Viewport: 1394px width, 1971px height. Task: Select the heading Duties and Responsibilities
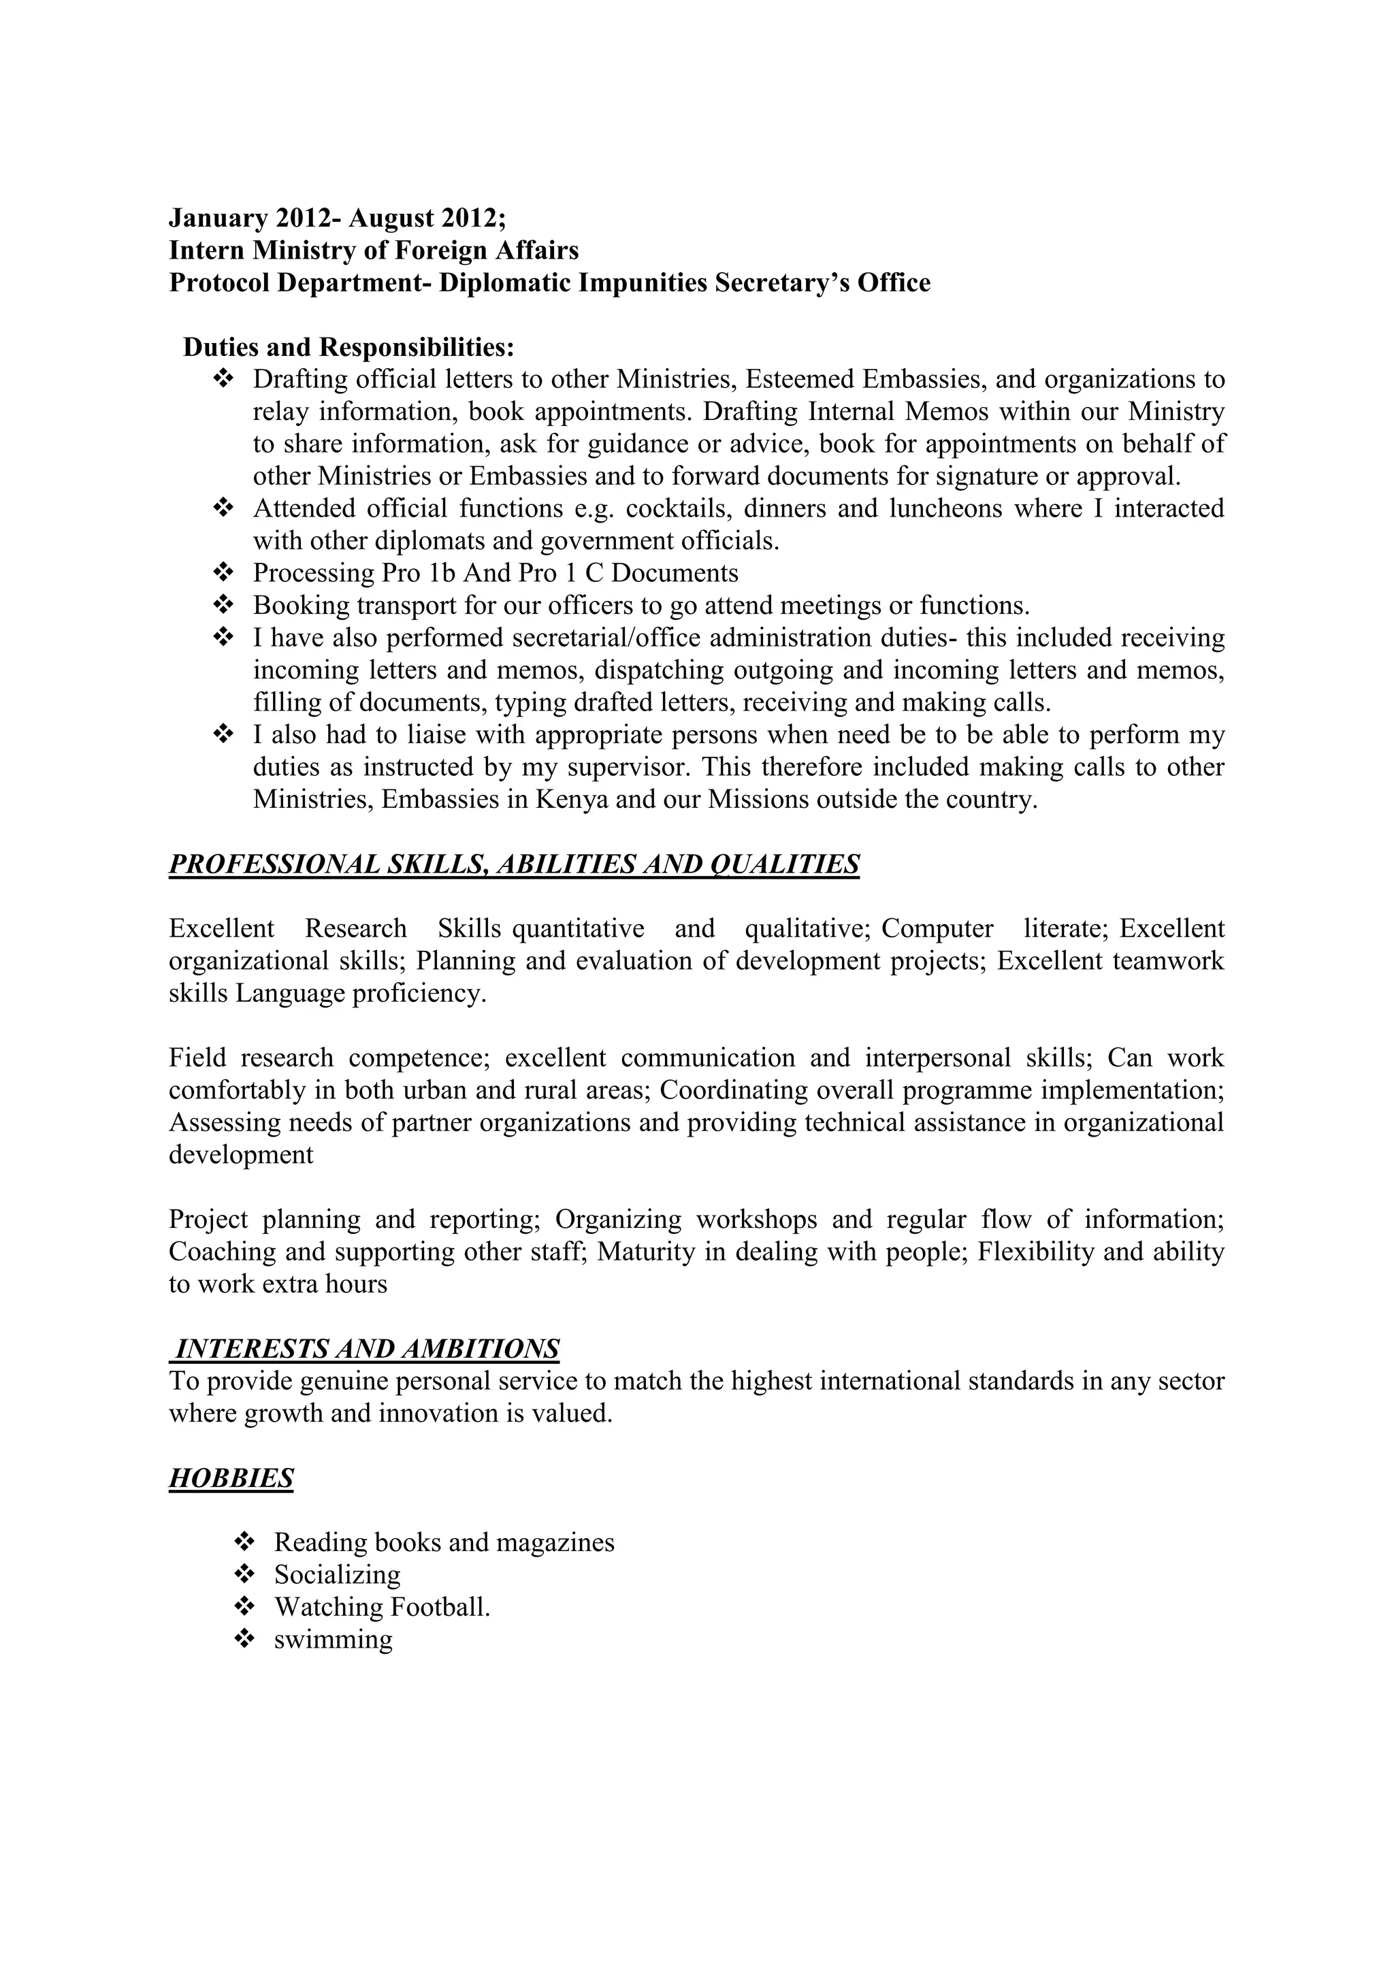348,348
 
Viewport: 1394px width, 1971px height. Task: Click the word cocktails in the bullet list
679,509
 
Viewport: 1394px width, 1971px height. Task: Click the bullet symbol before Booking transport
223,606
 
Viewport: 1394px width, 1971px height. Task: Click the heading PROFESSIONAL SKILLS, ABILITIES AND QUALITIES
513,864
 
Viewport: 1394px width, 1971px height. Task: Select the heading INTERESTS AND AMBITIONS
366,1350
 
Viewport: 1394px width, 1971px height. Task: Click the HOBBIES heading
231,1478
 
